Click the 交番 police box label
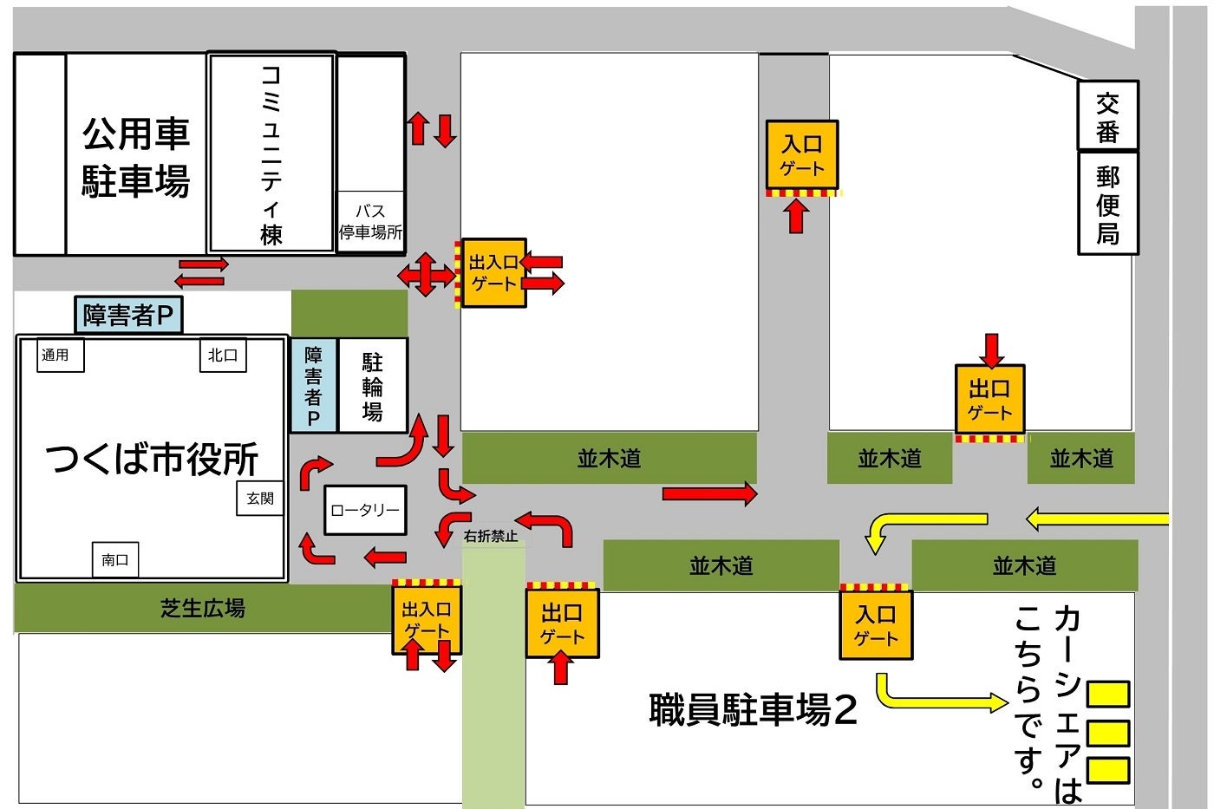click(x=1107, y=117)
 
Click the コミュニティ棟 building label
click(x=271, y=154)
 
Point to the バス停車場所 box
click(x=370, y=222)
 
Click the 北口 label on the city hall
click(x=223, y=355)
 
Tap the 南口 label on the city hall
click(x=115, y=560)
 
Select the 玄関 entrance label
click(x=260, y=498)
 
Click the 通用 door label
click(x=59, y=355)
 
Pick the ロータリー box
click(x=365, y=511)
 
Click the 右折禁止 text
click(x=491, y=537)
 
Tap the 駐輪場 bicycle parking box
click(x=372, y=386)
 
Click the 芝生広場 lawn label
click(x=203, y=608)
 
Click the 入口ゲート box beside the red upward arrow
click(x=801, y=155)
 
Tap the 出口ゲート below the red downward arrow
click(x=989, y=399)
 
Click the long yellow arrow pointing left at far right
click(x=1097, y=519)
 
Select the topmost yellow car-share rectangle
click(x=1108, y=694)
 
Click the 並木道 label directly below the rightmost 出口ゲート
click(x=890, y=459)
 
